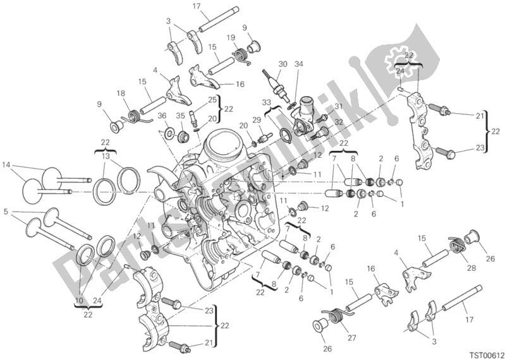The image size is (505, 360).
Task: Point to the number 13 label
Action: [106, 156]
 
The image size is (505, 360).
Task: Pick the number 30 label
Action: [282, 63]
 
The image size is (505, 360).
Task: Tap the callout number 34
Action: [299, 63]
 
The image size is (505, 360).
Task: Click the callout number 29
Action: [274, 120]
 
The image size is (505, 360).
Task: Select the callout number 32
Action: [338, 122]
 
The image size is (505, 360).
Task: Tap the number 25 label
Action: [212, 99]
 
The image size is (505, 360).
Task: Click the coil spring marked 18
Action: [134, 116]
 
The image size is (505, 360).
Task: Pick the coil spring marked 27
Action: [337, 311]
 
